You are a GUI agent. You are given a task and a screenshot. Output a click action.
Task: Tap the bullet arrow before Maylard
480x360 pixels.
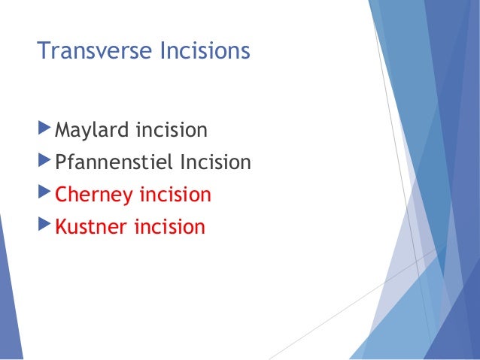[x=44, y=131]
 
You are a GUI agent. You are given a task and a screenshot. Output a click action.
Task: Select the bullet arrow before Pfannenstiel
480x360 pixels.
[x=44, y=162]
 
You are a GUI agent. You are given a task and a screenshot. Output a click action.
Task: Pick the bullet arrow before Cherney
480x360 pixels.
[x=44, y=195]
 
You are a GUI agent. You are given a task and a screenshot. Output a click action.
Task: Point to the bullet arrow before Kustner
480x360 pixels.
[x=44, y=226]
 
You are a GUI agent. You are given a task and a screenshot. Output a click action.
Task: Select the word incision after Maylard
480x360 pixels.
[x=170, y=132]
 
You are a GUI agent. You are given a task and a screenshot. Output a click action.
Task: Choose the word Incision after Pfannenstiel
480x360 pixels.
[x=214, y=163]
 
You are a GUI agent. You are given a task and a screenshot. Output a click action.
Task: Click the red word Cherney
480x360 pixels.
[x=93, y=195]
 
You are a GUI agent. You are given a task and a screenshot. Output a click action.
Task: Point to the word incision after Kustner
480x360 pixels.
[x=169, y=227]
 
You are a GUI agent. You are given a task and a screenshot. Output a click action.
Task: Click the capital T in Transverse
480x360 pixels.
[x=43, y=53]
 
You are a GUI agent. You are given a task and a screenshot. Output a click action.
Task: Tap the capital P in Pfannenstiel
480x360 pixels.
[x=61, y=163]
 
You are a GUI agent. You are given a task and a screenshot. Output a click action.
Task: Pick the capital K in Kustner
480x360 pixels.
[x=62, y=227]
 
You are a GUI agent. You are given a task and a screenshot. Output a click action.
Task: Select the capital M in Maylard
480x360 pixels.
[x=63, y=132]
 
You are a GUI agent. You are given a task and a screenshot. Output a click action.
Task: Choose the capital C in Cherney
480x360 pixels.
[x=62, y=195]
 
